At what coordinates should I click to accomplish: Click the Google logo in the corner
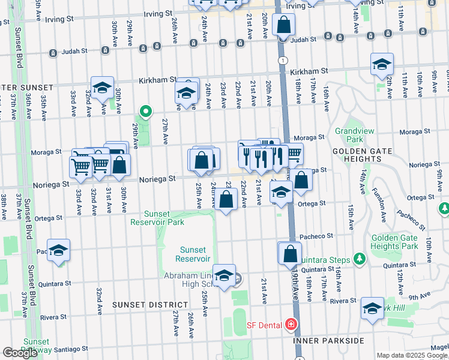(x=20, y=353)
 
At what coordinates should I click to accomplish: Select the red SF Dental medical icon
(x=292, y=325)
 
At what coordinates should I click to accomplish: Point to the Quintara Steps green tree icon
(x=360, y=259)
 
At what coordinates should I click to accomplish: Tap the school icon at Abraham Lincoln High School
(x=224, y=276)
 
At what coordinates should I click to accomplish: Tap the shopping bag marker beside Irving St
(x=283, y=25)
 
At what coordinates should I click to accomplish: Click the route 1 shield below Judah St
(x=282, y=60)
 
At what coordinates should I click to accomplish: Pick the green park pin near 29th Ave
(x=145, y=111)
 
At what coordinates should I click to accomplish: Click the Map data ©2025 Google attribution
(x=412, y=355)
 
